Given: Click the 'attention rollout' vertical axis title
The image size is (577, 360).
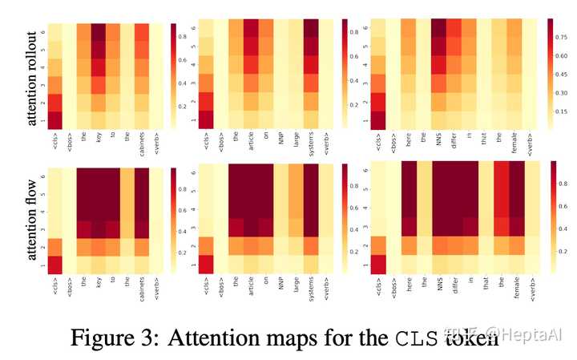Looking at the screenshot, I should pos(32,76).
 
